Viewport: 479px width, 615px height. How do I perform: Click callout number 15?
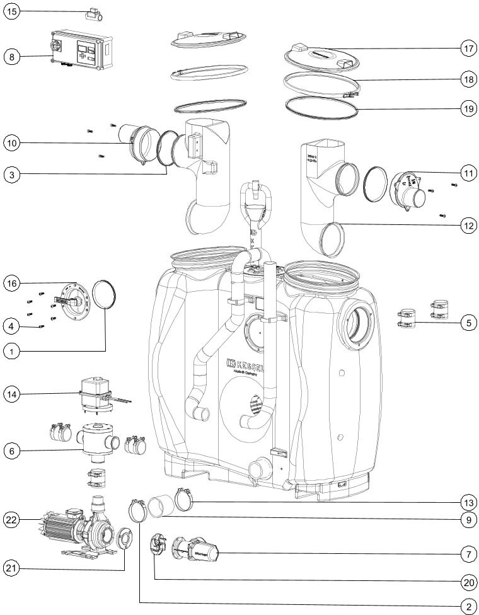(13, 11)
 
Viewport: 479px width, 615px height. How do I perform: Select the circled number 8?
(13, 57)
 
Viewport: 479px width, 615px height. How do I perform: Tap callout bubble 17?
(467, 49)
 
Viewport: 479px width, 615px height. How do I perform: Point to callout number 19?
(467, 108)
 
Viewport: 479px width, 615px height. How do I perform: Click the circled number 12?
(467, 225)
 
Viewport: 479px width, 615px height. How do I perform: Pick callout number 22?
(13, 520)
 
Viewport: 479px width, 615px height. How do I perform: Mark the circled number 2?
(467, 606)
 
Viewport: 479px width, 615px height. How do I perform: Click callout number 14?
(13, 394)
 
